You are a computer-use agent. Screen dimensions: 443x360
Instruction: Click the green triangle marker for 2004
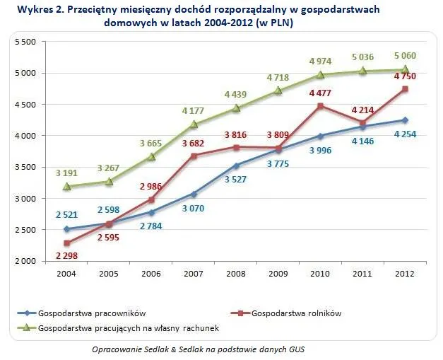[x=66, y=186]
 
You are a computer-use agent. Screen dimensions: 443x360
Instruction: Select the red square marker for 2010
[x=320, y=106]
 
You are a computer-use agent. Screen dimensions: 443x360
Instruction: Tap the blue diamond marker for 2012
[x=405, y=120]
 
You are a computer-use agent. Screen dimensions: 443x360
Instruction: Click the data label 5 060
[x=405, y=56]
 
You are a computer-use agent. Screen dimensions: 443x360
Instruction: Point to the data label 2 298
[x=66, y=255]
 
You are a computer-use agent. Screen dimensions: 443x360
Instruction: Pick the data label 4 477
[x=320, y=93]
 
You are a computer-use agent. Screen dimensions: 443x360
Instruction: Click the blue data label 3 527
[x=235, y=180]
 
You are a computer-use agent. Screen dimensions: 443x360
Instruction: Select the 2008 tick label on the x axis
[x=235, y=274]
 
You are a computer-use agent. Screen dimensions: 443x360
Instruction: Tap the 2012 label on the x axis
[x=405, y=274]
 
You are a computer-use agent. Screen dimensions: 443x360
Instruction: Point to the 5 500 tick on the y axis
[x=25, y=42]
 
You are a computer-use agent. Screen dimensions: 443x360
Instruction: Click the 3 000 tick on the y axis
[x=25, y=199]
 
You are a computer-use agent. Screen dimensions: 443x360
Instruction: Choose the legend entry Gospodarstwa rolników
[x=286, y=313]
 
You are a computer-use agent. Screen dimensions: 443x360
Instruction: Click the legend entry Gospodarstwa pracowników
[x=82, y=313]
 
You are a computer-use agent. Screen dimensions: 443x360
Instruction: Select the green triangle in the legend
[x=27, y=327]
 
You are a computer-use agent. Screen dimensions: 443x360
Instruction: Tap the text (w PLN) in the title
[x=274, y=23]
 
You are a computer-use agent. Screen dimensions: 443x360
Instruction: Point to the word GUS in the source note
[x=297, y=349]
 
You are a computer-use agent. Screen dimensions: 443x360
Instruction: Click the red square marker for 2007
[x=194, y=156]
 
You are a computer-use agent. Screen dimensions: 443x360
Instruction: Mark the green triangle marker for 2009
[x=278, y=91]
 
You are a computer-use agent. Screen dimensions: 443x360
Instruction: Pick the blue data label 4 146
[x=362, y=141]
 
